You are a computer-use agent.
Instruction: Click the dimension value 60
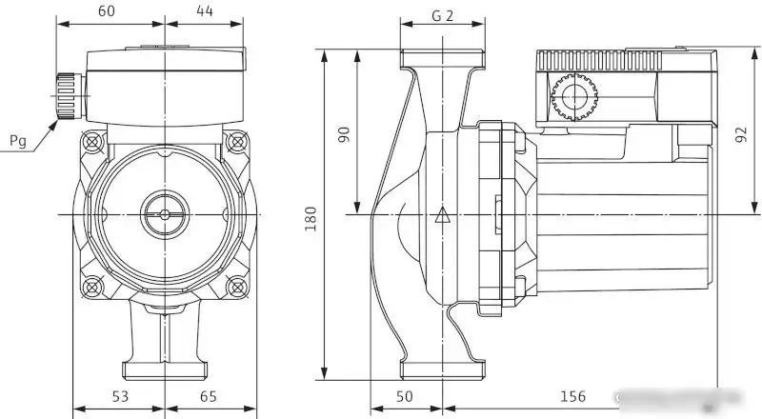coord(107,11)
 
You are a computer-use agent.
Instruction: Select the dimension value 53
coord(120,395)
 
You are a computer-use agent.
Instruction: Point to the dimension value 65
coord(209,395)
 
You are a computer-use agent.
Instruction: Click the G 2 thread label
coord(441,15)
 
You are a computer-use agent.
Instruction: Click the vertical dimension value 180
coord(310,219)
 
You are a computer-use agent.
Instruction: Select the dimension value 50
coord(404,395)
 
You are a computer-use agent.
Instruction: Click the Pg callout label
coord(18,142)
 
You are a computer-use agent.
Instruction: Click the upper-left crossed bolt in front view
coord(93,142)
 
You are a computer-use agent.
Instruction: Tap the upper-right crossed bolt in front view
coord(235,142)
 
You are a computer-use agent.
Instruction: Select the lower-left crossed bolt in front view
coord(93,285)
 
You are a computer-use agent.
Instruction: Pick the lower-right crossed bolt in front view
coord(235,285)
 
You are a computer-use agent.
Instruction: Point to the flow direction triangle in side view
coord(441,215)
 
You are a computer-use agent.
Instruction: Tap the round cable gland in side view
coord(573,96)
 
